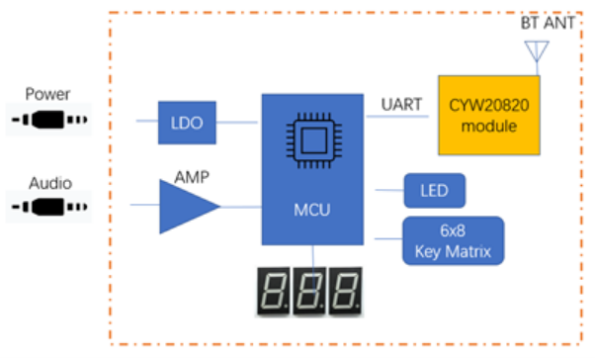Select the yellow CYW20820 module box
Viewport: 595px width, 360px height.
489,114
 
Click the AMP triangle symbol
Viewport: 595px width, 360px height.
187,206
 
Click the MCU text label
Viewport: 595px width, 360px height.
311,210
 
